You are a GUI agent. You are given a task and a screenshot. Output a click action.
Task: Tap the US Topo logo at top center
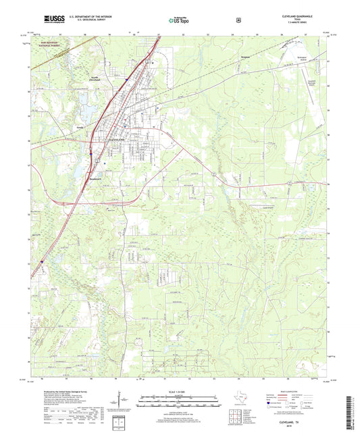click(179, 20)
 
